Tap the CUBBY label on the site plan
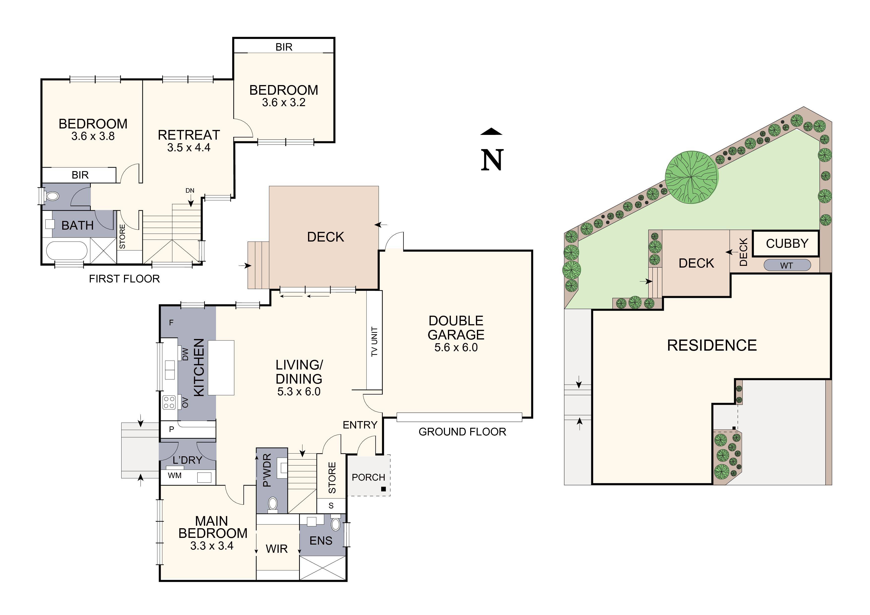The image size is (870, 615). point(787,243)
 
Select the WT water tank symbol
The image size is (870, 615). point(787,266)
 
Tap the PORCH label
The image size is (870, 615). point(368,477)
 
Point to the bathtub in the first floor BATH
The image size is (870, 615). point(67,250)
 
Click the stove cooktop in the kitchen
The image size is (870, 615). point(169,402)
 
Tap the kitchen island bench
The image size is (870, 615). point(221,368)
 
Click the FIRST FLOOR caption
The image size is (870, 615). point(124,279)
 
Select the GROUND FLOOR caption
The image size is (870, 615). point(462,432)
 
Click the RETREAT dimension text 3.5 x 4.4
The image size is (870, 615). point(189,147)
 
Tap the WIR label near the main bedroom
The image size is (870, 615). point(277,549)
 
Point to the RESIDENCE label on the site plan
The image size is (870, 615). point(712,345)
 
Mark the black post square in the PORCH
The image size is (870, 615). point(383,489)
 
